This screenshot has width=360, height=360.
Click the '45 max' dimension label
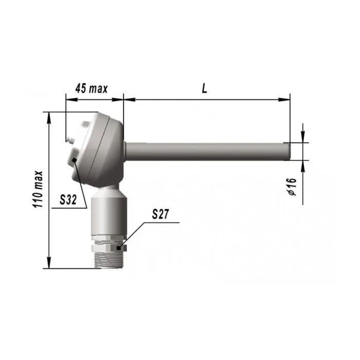[92, 88]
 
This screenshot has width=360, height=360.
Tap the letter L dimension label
[204, 88]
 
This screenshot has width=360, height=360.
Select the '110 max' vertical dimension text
[38, 189]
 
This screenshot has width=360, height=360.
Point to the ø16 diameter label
[292, 186]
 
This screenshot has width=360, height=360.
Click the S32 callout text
[68, 200]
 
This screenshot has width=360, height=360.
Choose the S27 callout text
[160, 214]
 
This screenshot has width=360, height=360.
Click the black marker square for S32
[74, 160]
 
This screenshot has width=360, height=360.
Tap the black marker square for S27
[118, 248]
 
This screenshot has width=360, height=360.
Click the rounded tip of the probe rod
[289, 152]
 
